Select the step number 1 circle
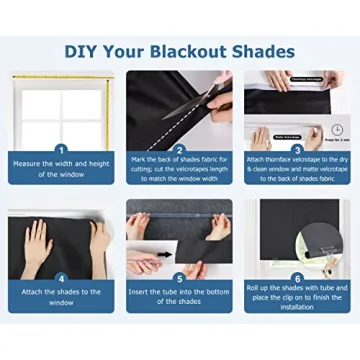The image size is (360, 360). pos(61,149)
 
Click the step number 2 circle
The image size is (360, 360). pos(179,149)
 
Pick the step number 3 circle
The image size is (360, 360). pos(297,149)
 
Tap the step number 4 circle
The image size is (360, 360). pos(61,278)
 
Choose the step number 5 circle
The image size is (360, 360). pos(179,278)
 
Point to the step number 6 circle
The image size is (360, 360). pos(297,278)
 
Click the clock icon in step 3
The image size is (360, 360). pos(337,129)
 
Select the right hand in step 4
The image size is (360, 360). pos(99,240)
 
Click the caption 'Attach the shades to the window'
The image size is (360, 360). pos(61,296)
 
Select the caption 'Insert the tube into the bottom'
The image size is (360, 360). pos(179,296)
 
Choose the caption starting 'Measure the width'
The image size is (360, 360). pos(61,168)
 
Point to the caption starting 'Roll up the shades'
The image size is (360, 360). pos(297,296)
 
